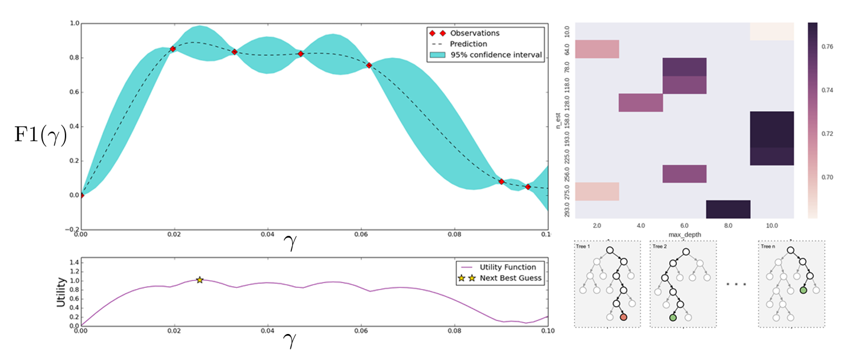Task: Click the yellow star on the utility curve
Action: pyautogui.click(x=200, y=280)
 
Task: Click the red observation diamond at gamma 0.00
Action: pyautogui.click(x=82, y=195)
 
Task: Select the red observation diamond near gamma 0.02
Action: pyautogui.click(x=173, y=49)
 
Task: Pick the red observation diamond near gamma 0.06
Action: pyautogui.click(x=369, y=65)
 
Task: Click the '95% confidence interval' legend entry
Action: pyautogui.click(x=496, y=55)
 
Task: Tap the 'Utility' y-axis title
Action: pyautogui.click(x=60, y=293)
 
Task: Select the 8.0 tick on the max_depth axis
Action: pyautogui.click(x=728, y=226)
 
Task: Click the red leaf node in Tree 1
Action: pyautogui.click(x=624, y=317)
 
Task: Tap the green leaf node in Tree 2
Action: pyautogui.click(x=673, y=317)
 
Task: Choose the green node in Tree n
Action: pyautogui.click(x=803, y=290)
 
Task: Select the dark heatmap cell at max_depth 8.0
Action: pyautogui.click(x=728, y=209)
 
